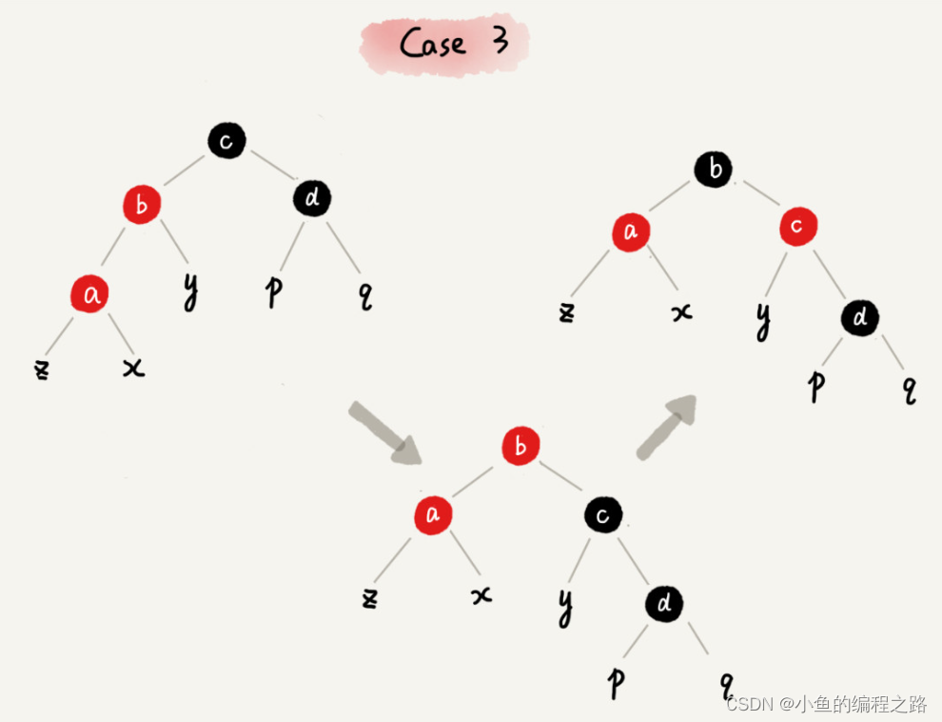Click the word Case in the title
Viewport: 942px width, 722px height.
[x=432, y=44]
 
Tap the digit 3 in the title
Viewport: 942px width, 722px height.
[x=500, y=42]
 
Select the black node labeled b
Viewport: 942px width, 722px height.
[x=714, y=170]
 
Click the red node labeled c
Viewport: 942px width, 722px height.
[x=798, y=227]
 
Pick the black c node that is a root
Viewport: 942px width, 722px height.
[x=226, y=142]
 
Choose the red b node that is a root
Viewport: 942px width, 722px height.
[x=520, y=446]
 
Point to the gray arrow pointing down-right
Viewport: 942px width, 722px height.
[x=383, y=432]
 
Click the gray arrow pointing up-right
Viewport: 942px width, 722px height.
[x=667, y=427]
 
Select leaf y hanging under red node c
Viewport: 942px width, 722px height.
[x=762, y=322]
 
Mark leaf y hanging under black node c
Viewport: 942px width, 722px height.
[x=565, y=608]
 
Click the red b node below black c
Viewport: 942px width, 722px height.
[x=142, y=204]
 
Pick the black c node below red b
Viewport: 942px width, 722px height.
[x=603, y=515]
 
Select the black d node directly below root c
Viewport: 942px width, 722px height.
[x=310, y=199]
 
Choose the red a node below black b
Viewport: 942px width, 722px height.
[x=630, y=231]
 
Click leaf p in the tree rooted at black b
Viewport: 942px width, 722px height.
[x=814, y=386]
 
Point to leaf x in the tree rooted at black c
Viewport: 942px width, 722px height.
[x=133, y=368]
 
